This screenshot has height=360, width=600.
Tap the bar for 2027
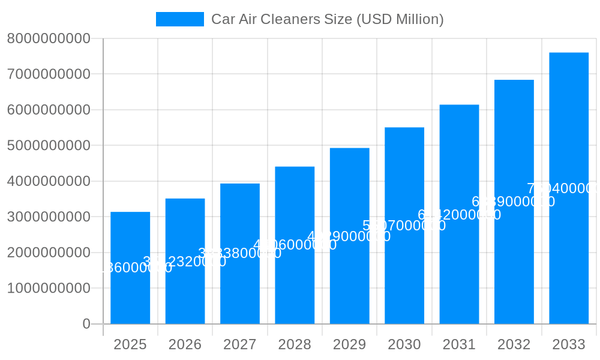click(x=240, y=288)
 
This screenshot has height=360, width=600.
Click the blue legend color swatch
click(x=179, y=19)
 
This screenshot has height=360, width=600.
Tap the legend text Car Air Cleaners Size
click(x=327, y=19)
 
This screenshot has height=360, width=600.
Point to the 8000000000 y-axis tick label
click(x=49, y=38)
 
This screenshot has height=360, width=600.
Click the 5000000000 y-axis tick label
click(x=49, y=145)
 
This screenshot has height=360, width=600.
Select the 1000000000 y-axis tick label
click(x=49, y=288)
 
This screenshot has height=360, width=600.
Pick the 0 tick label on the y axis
click(x=86, y=324)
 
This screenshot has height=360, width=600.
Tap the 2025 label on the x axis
click(x=130, y=344)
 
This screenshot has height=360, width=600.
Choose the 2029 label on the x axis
click(x=350, y=344)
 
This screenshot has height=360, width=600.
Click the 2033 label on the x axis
click(x=569, y=344)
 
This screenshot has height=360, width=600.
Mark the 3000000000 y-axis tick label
click(x=49, y=217)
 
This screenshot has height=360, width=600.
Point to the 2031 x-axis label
click(x=459, y=344)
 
